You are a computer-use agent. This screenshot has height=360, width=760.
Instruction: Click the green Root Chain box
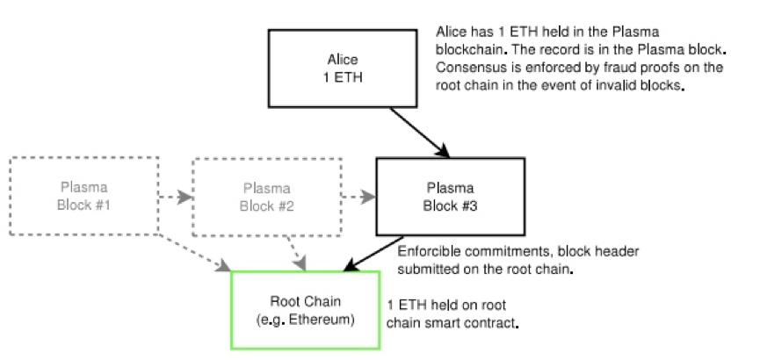click(305, 311)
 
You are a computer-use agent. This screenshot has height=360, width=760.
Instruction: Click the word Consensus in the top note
click(468, 73)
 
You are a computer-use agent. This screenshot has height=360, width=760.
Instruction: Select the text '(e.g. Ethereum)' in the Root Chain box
click(305, 321)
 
